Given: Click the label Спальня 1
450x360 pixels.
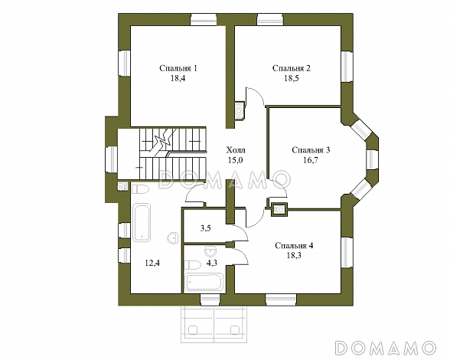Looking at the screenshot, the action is [178, 68].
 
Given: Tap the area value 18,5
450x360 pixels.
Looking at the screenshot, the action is [292, 78].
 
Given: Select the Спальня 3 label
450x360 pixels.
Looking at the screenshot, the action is [311, 150].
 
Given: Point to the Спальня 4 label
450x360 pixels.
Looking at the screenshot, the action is [294, 246].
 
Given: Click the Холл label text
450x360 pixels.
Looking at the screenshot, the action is [236, 150].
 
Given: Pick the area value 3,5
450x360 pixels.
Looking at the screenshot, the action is [205, 229].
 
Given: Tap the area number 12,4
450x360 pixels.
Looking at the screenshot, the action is [152, 263].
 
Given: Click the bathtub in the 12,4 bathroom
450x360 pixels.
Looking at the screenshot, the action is [142, 223].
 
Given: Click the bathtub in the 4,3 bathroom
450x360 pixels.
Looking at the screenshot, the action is [204, 282].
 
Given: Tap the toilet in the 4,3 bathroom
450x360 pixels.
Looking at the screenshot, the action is [192, 264].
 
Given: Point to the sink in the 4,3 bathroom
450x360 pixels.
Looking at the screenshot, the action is [211, 251].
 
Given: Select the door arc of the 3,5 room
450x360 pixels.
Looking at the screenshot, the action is [243, 231].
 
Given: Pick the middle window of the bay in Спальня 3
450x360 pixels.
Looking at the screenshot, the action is [372, 159].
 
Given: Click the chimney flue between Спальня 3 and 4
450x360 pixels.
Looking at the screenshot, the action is [279, 209].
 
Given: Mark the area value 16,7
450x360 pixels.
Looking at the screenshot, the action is [311, 160].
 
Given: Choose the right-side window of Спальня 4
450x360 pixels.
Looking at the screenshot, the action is [347, 253].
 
